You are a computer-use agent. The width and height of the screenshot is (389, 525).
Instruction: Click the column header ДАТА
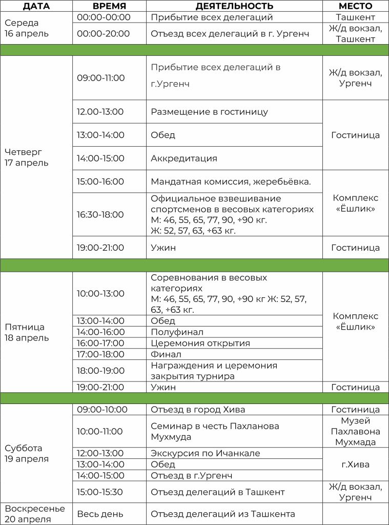36,6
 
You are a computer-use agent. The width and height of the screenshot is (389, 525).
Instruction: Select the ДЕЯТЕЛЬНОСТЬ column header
234,6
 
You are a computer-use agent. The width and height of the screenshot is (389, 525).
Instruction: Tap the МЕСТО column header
355,6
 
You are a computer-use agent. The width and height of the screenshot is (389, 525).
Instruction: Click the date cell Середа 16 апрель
27,28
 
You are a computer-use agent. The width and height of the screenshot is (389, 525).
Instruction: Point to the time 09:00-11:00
101,78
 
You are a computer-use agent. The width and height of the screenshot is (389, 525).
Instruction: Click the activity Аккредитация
184,158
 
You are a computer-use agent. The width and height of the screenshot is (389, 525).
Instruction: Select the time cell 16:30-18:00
100,214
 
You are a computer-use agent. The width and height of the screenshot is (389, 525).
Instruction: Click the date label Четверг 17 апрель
27,157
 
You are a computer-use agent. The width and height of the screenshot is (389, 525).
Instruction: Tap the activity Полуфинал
177,332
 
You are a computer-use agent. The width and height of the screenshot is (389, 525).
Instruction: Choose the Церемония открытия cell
200,344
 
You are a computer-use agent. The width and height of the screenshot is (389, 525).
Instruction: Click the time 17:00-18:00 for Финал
100,354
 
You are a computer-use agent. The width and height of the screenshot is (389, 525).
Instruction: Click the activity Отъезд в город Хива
198,410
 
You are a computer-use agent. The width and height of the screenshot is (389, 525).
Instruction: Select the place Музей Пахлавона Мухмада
355,431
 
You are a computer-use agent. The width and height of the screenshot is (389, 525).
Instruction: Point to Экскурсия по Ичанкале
206,453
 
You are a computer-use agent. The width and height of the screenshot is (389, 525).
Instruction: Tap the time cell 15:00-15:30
100,492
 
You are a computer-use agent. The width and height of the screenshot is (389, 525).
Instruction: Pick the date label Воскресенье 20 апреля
35,514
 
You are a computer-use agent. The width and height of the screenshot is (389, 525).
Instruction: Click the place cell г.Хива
355,464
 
